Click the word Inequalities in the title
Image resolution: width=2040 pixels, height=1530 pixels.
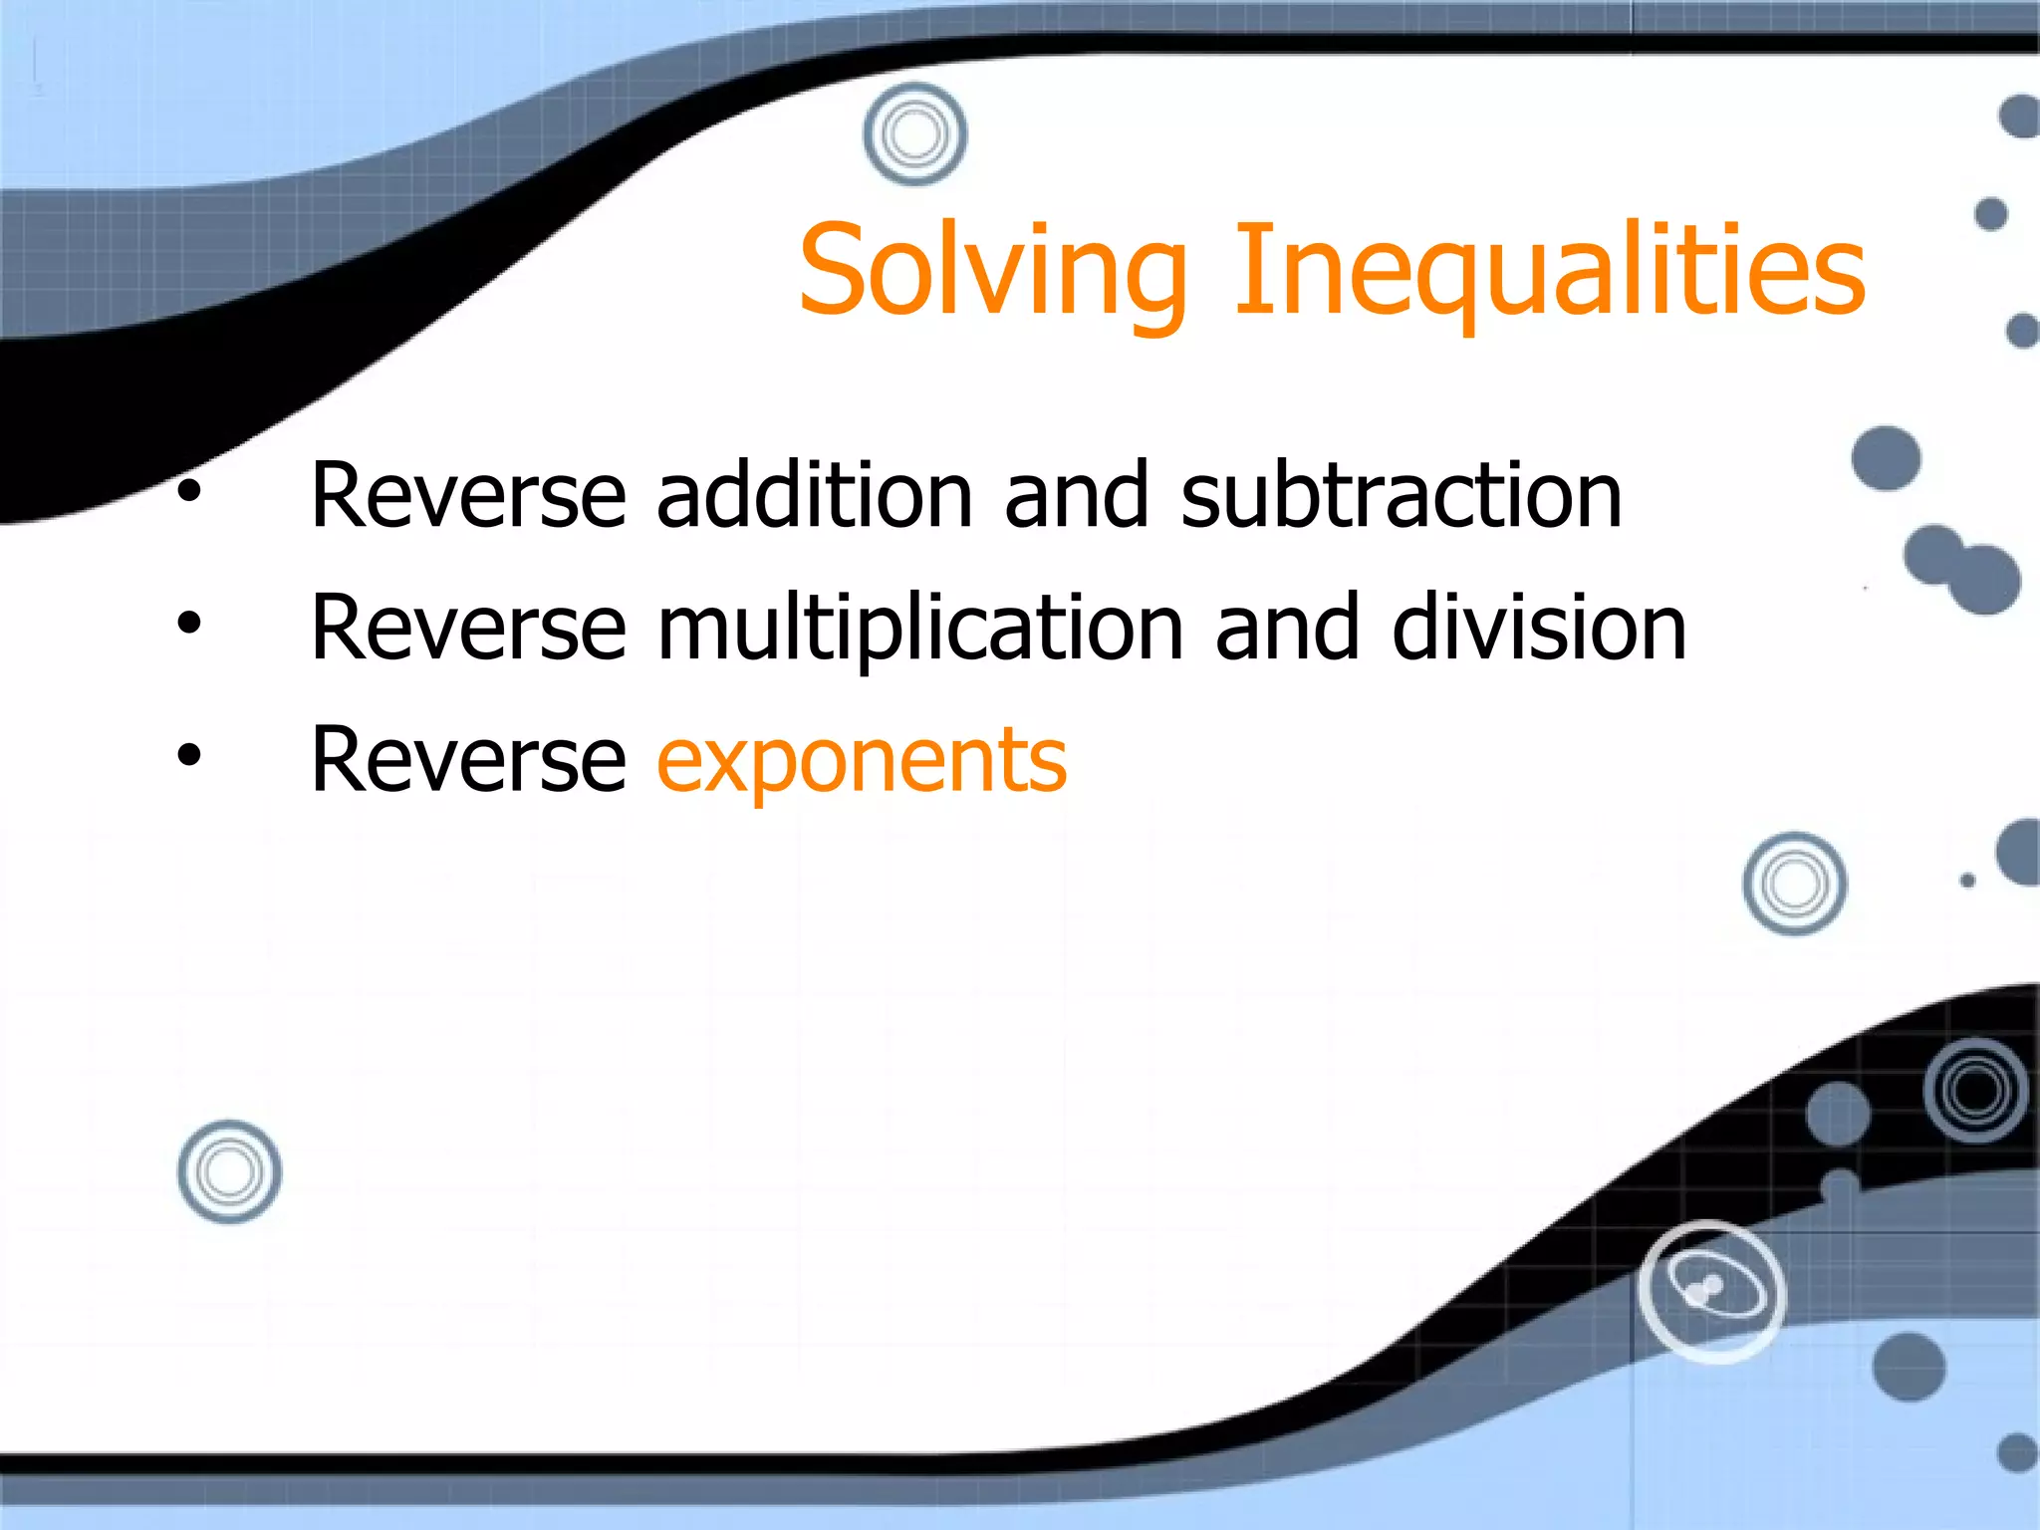coord(1549,271)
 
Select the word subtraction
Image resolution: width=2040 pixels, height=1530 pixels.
coord(1401,495)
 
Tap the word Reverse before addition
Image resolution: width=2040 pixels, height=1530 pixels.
coord(468,495)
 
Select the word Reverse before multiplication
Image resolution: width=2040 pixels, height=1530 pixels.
coord(468,629)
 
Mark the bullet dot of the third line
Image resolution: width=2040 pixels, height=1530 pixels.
coord(189,756)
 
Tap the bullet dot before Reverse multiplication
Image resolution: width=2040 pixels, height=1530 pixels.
coord(189,624)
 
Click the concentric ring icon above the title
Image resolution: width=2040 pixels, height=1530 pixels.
coord(914,133)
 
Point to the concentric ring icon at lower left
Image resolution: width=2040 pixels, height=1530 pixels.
coord(229,1171)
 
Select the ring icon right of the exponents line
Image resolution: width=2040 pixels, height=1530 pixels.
coord(1794,884)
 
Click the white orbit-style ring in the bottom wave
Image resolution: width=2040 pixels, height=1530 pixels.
coord(1711,1291)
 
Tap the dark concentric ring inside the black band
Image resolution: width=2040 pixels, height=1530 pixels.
coord(1976,1090)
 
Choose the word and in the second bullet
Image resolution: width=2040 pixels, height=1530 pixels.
coord(1286,629)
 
